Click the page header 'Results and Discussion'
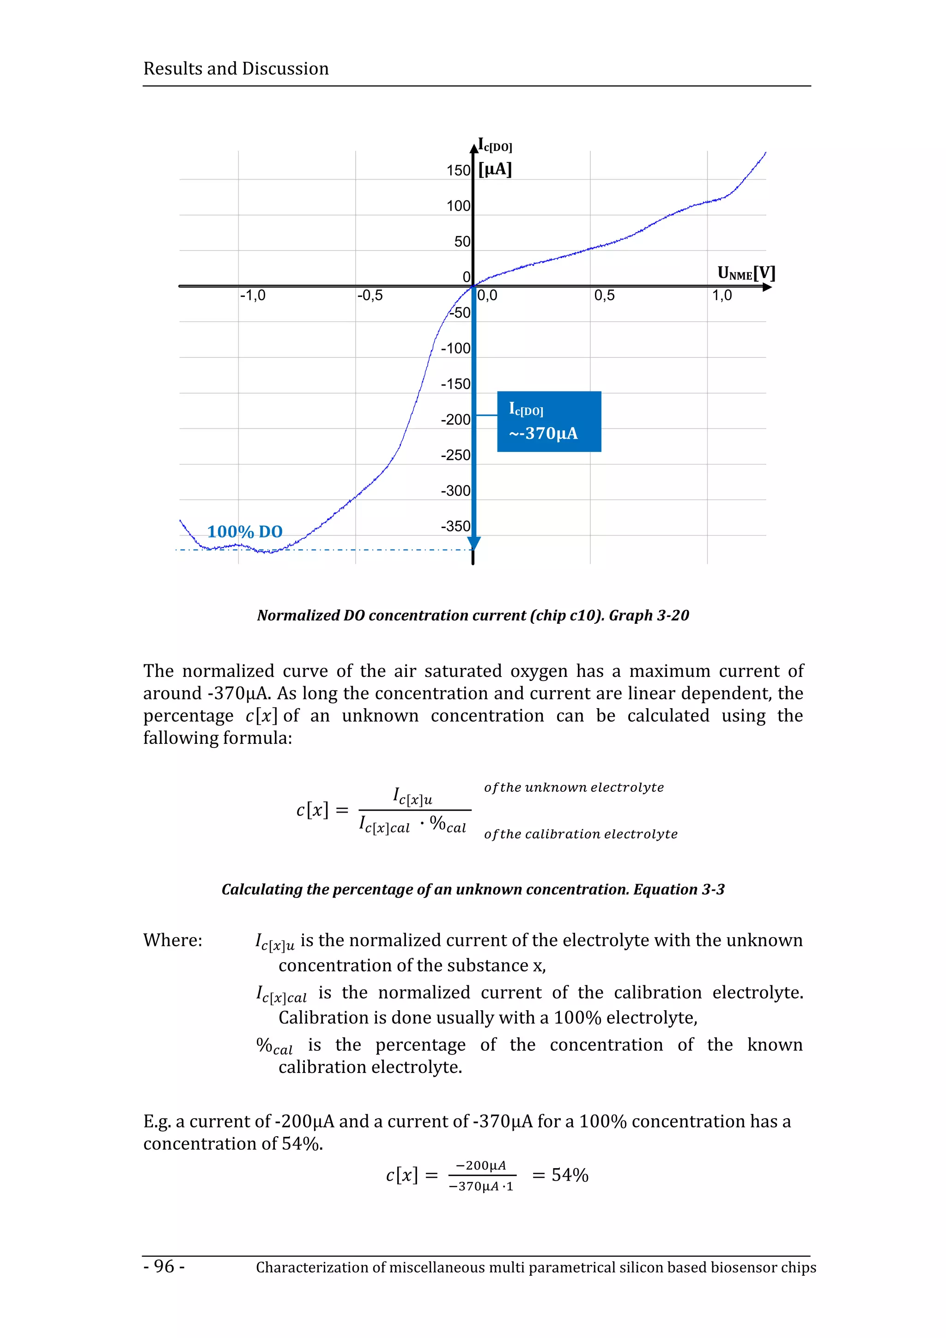point(236,69)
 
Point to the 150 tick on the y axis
point(458,171)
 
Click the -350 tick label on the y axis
point(455,526)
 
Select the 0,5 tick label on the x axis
point(605,295)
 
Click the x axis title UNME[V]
point(746,273)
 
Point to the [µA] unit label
point(495,169)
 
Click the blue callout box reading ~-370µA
point(548,422)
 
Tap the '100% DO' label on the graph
point(245,531)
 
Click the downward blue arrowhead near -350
point(474,543)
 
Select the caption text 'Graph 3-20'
point(649,615)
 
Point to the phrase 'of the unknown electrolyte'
point(574,787)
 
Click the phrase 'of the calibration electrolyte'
point(581,834)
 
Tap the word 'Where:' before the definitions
point(173,940)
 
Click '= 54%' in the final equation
point(560,1175)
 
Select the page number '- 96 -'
point(164,1266)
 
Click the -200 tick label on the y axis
point(455,420)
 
